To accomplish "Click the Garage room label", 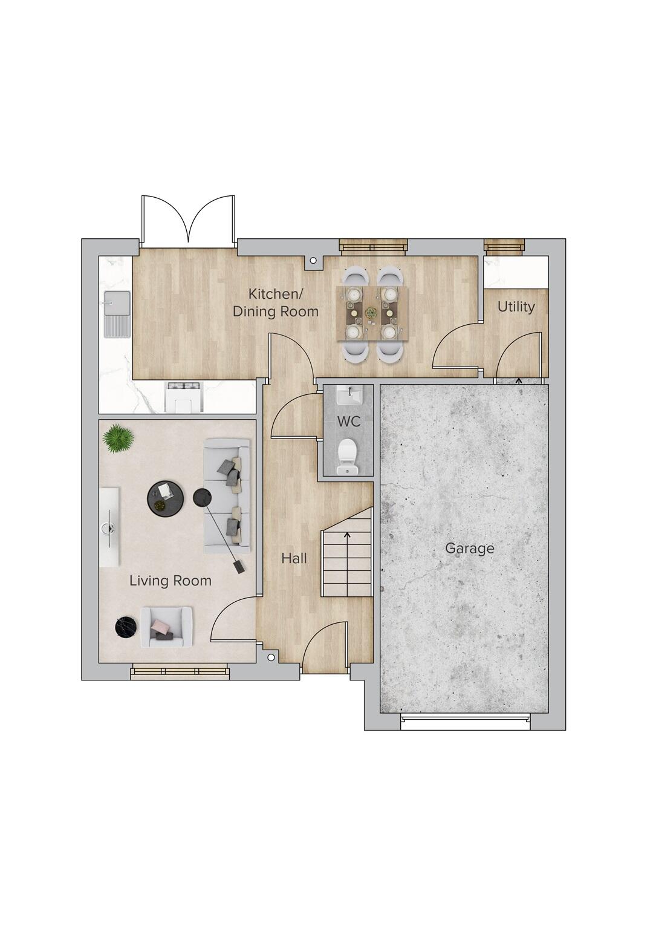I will [469, 549].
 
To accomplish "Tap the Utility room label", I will [516, 307].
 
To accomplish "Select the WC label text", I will [349, 422].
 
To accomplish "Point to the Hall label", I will [294, 558].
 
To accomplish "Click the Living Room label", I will [170, 581].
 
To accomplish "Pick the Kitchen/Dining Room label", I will [276, 303].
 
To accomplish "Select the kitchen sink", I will [117, 313].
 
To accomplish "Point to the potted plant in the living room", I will [118, 438].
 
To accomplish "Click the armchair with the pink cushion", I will [166, 627].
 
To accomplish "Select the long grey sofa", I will [227, 496].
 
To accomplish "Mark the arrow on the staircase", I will [347, 535].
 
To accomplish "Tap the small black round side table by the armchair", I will [124, 627].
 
